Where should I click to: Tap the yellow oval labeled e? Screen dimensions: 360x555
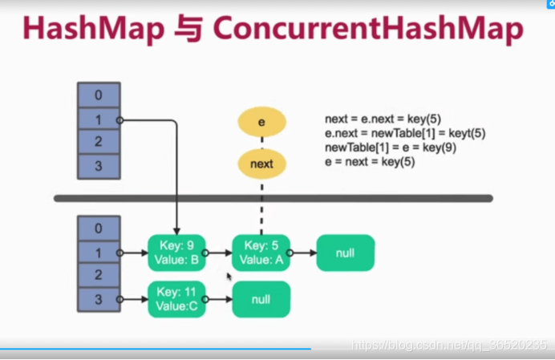pos(261,121)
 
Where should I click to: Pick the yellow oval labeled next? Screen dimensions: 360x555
pos(261,164)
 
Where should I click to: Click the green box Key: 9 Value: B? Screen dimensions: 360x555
pos(177,253)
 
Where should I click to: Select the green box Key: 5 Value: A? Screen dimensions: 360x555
pos(261,253)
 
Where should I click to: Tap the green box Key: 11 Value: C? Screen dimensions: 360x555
pos(176,299)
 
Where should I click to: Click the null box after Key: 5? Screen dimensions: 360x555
pos(346,253)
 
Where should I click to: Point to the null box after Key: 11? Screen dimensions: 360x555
pos(261,299)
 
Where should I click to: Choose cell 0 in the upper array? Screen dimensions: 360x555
pos(99,95)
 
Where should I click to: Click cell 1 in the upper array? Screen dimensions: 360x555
pos(99,119)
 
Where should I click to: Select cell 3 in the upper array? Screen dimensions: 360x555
pos(99,167)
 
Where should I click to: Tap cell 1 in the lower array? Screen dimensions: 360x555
pos(99,253)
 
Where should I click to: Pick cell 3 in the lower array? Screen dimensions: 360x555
pos(99,299)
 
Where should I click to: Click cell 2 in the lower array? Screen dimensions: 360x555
pos(99,276)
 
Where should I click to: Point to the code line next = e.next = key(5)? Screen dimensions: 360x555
pos(383,119)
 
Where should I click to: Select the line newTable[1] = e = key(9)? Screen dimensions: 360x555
pos(389,148)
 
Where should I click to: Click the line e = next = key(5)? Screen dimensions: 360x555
pos(370,162)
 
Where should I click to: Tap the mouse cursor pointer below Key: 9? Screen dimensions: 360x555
pos(230,277)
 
